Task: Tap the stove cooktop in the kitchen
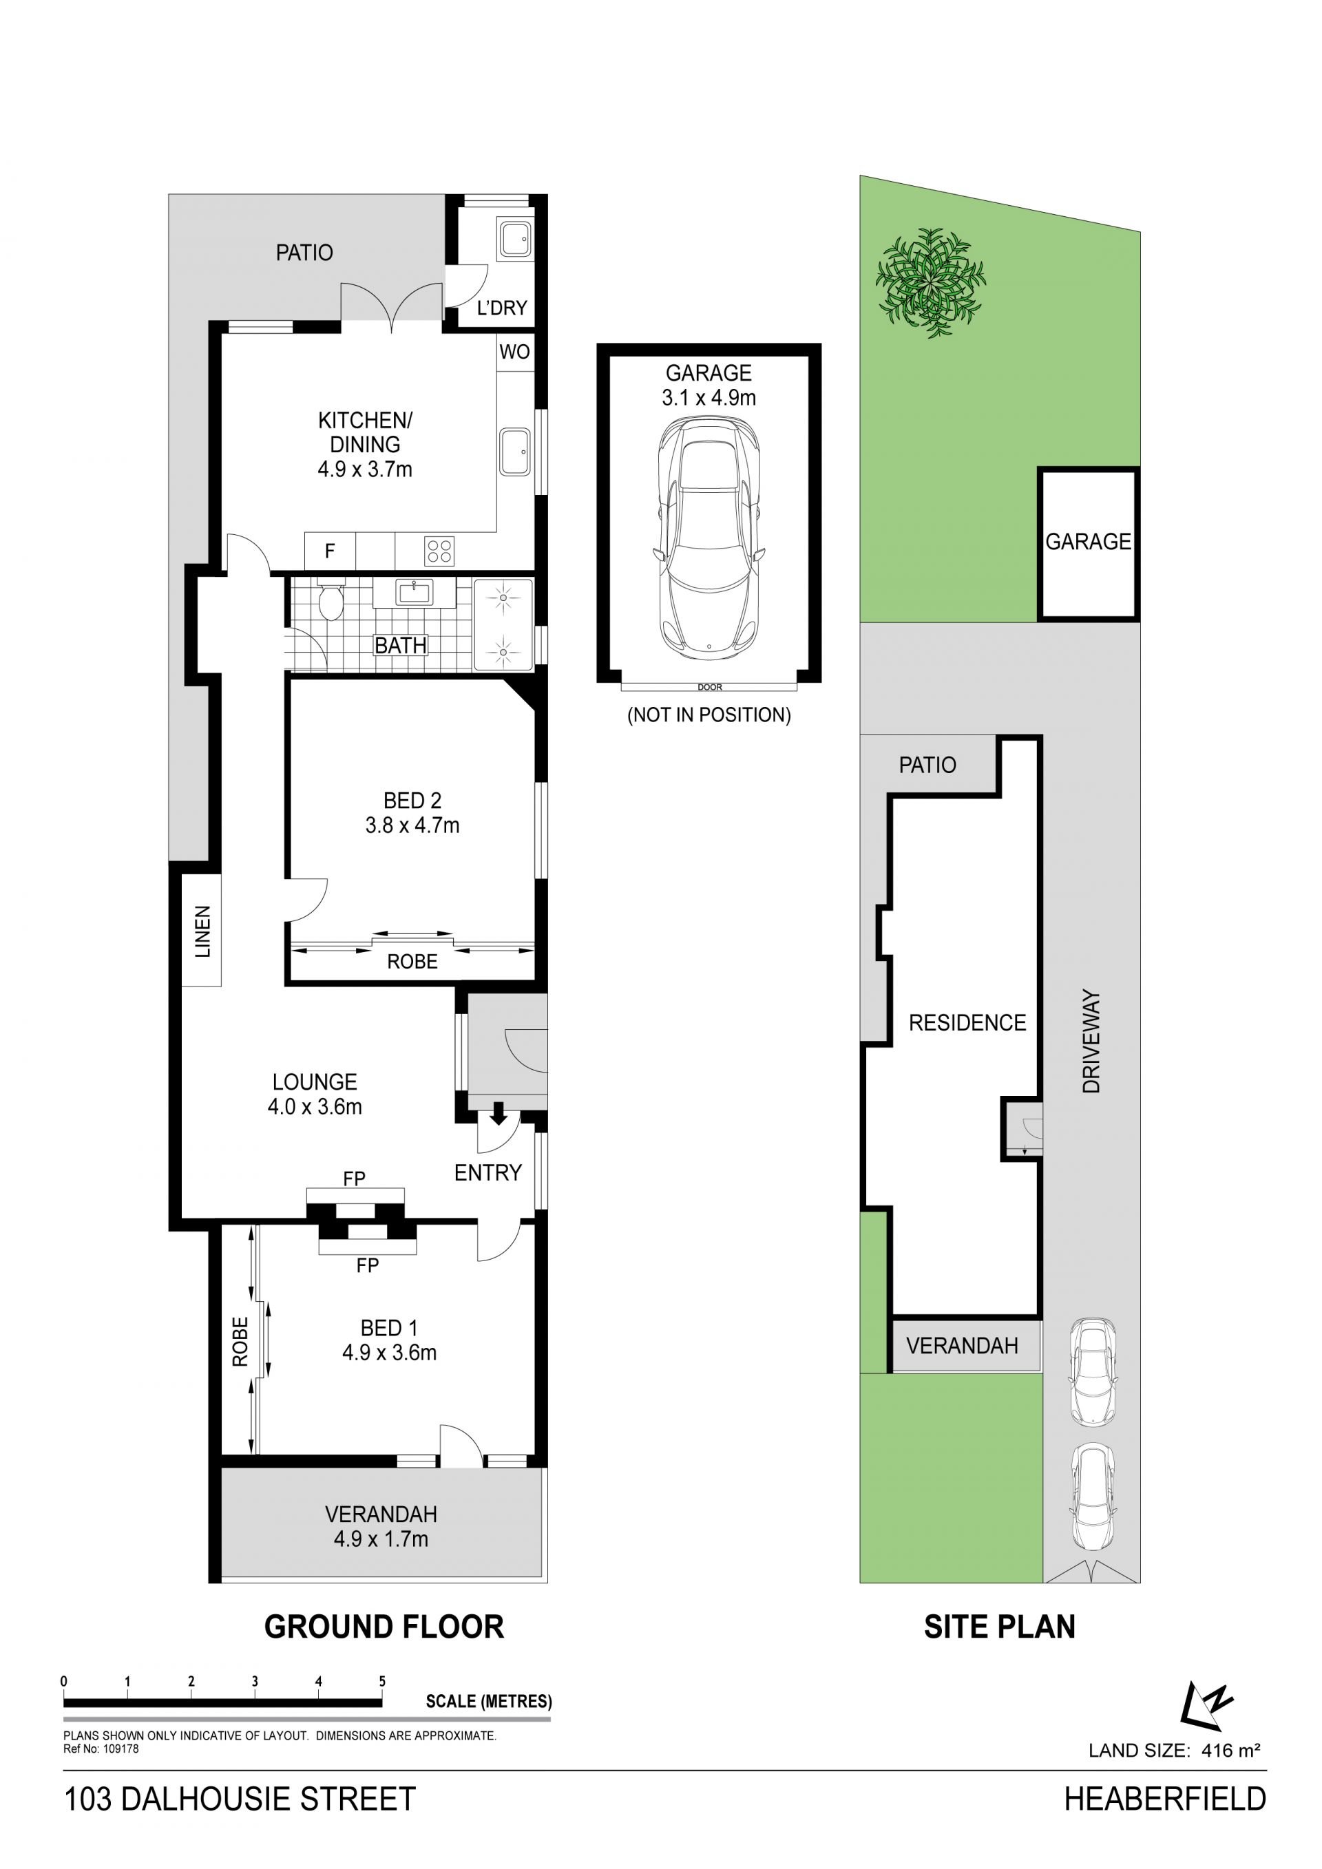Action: coord(439,551)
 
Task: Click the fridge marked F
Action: coord(330,551)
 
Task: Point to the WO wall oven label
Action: coord(514,352)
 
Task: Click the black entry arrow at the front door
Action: coord(499,1112)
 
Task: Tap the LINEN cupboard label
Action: coord(202,931)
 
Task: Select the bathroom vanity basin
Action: coord(414,592)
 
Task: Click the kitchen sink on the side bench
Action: coord(514,452)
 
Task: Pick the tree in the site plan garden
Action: coord(930,284)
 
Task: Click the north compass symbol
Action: coord(1206,1705)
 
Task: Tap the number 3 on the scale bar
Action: coord(255,1681)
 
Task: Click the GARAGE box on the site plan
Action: coord(1088,543)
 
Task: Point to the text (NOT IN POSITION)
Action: coord(709,715)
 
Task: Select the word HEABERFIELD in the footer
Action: coord(1165,1798)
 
